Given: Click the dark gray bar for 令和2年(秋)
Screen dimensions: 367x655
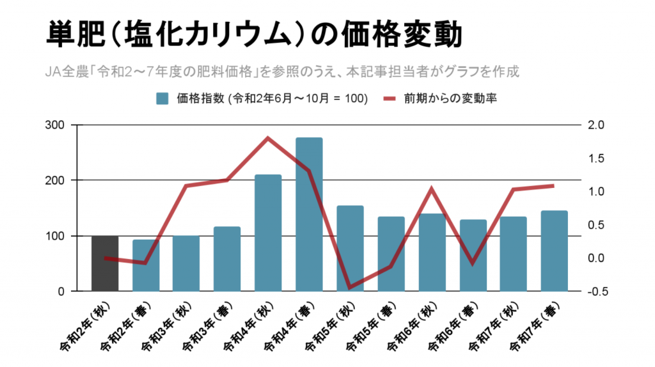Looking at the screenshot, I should coord(104,263).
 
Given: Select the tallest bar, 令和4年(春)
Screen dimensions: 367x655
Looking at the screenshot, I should coord(309,214).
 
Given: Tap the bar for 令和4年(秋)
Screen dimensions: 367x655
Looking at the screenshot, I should coord(268,233).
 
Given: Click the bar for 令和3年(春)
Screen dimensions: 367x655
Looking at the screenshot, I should coord(227,259).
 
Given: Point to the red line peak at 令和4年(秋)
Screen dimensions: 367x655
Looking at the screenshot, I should coord(268,138).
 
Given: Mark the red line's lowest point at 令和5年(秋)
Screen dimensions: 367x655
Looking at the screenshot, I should coord(350,288).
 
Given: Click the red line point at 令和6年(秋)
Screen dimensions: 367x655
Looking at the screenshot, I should coord(432,189).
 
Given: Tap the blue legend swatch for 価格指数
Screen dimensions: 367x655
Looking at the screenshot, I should coord(162,98).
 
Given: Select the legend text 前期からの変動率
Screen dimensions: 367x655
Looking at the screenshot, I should coord(450,98).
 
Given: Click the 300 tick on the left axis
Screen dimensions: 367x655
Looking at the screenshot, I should coord(56,125).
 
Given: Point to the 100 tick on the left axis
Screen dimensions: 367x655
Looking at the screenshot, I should coord(56,236).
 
